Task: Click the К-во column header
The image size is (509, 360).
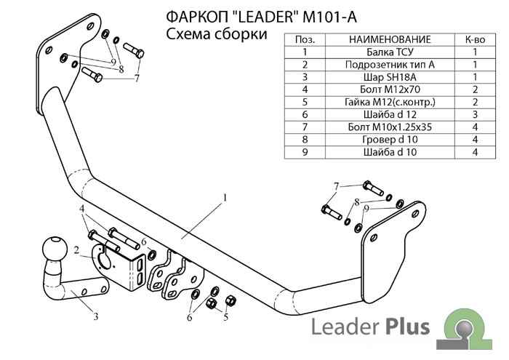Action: pos(474,40)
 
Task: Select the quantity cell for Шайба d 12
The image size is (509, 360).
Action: pos(474,114)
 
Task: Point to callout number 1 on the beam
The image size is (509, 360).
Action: pos(226,197)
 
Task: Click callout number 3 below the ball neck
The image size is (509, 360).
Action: pos(95,316)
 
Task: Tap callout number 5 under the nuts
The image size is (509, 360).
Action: pos(225,317)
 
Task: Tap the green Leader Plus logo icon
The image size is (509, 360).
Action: pos(465,325)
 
